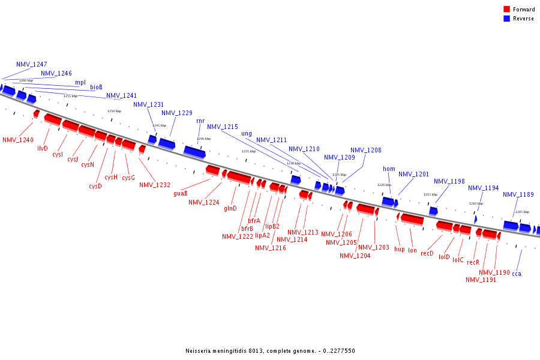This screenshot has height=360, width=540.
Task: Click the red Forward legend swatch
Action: [506, 9]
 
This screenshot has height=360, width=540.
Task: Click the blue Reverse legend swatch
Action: [506, 19]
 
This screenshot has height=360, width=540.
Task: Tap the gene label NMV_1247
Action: [31, 64]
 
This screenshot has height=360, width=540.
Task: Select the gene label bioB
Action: [96, 88]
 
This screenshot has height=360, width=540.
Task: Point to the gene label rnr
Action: [200, 121]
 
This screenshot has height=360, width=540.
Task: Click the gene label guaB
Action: [181, 193]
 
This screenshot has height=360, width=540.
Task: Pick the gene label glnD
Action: [230, 209]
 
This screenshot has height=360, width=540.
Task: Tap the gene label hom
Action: [389, 169]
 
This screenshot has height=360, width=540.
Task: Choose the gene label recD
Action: [427, 254]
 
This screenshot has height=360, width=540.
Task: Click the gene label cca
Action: [517, 274]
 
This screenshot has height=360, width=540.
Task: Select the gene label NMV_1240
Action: [18, 140]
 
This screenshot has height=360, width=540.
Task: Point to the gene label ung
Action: [247, 133]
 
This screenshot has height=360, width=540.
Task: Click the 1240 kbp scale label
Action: [204, 139]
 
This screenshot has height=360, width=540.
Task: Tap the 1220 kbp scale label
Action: [384, 185]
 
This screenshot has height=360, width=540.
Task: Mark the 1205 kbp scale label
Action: [522, 212]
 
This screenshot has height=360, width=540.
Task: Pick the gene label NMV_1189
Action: [518, 194]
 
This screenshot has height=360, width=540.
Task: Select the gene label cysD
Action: [95, 186]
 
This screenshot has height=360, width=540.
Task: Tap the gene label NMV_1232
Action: [155, 185]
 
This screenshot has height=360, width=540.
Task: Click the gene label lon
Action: [412, 250]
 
